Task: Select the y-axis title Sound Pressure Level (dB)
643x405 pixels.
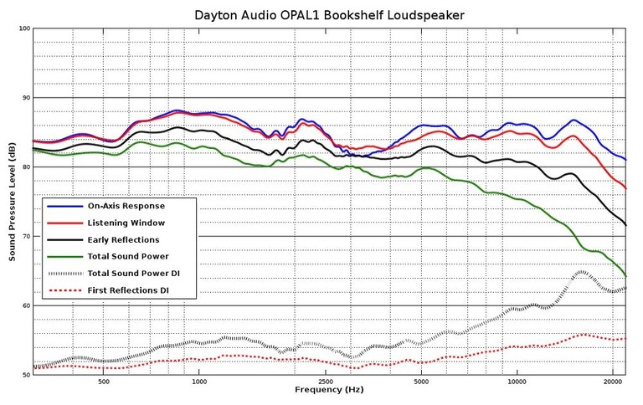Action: click(13, 202)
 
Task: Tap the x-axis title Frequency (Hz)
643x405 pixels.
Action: click(328, 391)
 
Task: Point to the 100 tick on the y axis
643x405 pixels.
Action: click(23, 28)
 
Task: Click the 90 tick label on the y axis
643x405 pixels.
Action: click(25, 98)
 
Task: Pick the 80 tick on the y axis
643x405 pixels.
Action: click(25, 167)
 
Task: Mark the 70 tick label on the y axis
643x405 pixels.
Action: click(25, 237)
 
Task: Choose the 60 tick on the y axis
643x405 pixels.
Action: click(25, 306)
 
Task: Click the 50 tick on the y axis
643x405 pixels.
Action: click(25, 376)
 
